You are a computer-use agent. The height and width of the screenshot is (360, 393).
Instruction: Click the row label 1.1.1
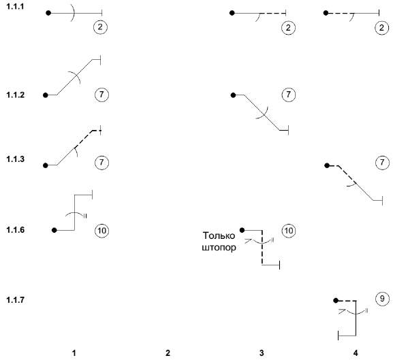tap(15, 7)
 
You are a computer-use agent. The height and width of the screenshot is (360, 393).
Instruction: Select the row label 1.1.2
tap(15, 95)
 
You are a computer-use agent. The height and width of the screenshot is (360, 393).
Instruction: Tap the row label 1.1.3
tap(15, 159)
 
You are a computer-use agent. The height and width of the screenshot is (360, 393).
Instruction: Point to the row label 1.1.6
tap(15, 230)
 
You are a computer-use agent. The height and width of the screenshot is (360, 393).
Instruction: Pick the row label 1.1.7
tap(15, 299)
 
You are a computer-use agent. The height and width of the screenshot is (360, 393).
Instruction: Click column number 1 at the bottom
tap(74, 353)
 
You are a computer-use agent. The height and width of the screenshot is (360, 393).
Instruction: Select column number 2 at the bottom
tap(168, 353)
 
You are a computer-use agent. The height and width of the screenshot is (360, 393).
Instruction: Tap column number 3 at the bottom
tap(262, 353)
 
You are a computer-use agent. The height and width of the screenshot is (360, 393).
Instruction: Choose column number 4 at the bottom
tap(356, 353)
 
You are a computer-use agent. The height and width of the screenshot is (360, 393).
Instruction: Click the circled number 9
tap(382, 299)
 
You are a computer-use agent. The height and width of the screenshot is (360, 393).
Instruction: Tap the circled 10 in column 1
tap(101, 230)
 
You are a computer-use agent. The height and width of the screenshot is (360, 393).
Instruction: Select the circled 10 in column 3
tap(289, 230)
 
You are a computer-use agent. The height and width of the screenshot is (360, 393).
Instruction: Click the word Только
tap(219, 236)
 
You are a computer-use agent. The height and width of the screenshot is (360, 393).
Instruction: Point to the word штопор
tap(219, 248)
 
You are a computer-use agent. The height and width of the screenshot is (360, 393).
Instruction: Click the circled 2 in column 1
tap(100, 27)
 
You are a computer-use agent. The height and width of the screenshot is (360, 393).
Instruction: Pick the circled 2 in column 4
tap(381, 27)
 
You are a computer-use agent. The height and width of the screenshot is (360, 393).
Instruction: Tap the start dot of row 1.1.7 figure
tap(336, 300)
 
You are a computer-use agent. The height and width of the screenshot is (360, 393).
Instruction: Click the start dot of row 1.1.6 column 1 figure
tap(54, 230)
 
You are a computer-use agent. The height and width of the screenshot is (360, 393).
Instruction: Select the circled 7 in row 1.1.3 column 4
tap(382, 163)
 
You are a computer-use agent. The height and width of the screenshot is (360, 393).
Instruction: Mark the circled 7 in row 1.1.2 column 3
tap(289, 95)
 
